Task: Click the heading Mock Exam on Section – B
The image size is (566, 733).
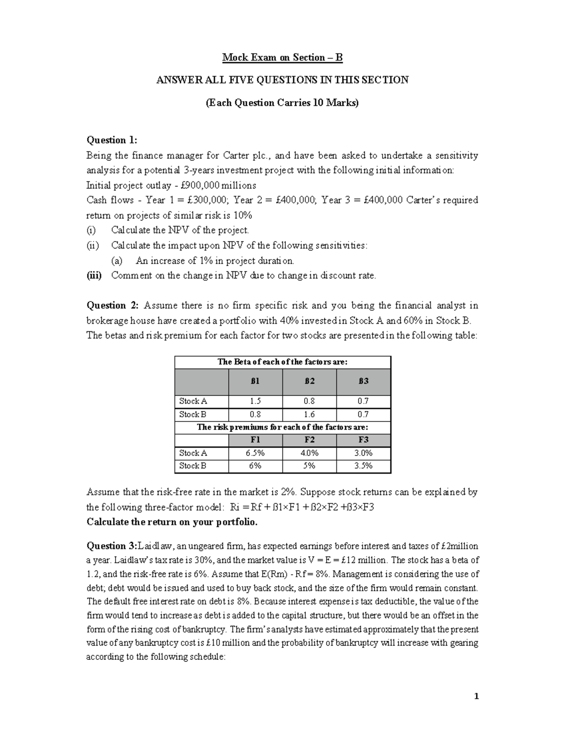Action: tap(282, 58)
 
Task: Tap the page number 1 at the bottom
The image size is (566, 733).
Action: tap(477, 696)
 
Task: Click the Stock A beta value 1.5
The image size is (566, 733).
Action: tap(255, 401)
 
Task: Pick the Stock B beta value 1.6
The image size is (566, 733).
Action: tap(309, 414)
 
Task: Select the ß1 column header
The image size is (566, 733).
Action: tap(255, 381)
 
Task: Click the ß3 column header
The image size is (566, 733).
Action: tap(363, 381)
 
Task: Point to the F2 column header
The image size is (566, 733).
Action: tap(309, 440)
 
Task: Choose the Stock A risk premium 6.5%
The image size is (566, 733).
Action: tap(255, 453)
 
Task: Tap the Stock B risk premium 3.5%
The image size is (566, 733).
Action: tap(363, 466)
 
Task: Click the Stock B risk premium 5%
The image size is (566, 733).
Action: tap(309, 466)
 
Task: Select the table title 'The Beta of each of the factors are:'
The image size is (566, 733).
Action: tap(282, 362)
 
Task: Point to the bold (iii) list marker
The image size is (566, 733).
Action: tap(94, 276)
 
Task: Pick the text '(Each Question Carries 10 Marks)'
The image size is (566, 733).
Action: tap(282, 103)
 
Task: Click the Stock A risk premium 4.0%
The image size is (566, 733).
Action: tap(309, 453)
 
